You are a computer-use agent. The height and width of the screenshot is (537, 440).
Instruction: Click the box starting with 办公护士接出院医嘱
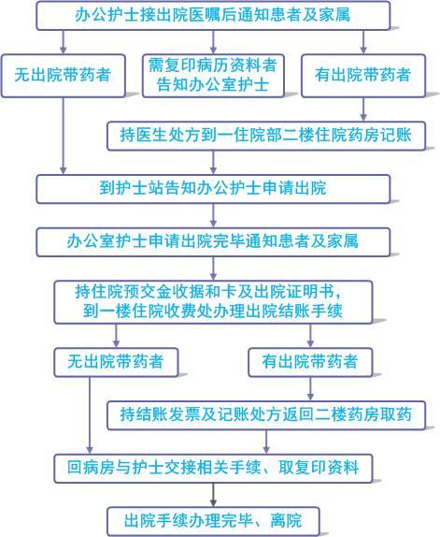[213, 15]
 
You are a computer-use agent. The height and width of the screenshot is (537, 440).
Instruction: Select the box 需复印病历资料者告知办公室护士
[213, 76]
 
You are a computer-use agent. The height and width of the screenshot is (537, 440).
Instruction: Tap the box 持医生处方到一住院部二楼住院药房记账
[266, 136]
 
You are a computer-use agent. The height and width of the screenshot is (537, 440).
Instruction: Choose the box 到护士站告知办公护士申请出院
[213, 189]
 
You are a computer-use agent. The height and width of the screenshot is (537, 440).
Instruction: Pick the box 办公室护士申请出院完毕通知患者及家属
[213, 242]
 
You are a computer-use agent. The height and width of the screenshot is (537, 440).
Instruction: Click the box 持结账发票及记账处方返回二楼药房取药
[266, 415]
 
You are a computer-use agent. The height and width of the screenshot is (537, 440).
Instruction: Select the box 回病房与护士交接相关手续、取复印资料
[213, 469]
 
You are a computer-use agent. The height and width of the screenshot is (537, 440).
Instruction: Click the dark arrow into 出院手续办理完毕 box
[213, 495]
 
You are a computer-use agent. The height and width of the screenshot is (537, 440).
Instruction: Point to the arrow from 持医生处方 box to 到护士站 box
[213, 163]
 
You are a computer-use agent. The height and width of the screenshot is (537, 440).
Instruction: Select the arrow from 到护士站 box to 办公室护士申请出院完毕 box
[213, 215]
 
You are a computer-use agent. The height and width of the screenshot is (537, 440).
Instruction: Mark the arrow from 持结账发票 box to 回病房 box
[266, 442]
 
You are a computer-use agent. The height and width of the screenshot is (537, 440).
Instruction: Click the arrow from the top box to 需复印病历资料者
[213, 42]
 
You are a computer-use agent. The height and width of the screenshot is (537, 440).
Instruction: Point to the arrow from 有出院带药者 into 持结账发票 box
[310, 389]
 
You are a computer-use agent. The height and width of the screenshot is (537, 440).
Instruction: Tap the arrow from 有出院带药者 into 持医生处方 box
[363, 109]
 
